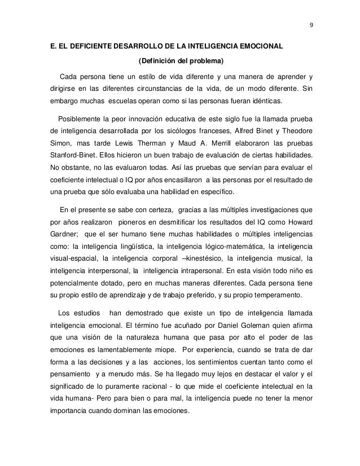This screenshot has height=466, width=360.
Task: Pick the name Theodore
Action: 296,133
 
